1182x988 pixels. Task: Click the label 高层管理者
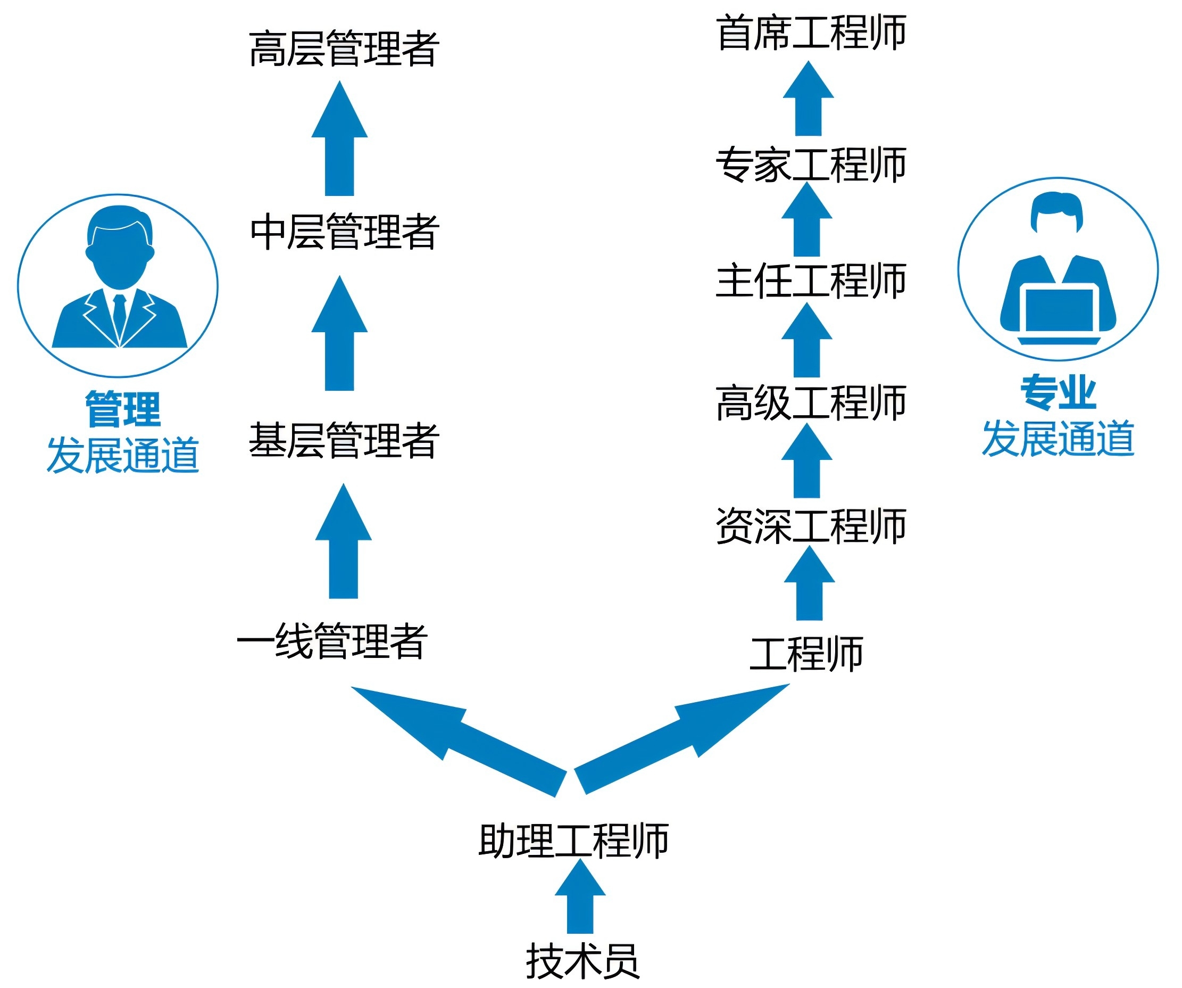point(343,49)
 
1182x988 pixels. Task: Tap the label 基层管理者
point(343,440)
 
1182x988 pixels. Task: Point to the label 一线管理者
point(332,641)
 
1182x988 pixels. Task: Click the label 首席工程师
point(811,32)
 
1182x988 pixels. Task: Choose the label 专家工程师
point(811,164)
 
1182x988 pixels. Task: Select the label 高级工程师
point(811,403)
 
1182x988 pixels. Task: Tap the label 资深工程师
point(811,526)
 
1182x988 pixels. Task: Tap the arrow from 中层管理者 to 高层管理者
point(339,141)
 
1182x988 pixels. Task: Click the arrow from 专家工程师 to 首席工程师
point(808,101)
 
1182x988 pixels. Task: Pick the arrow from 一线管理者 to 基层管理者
point(343,544)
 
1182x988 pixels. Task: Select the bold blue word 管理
point(123,408)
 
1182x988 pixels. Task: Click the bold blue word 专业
point(1058,393)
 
